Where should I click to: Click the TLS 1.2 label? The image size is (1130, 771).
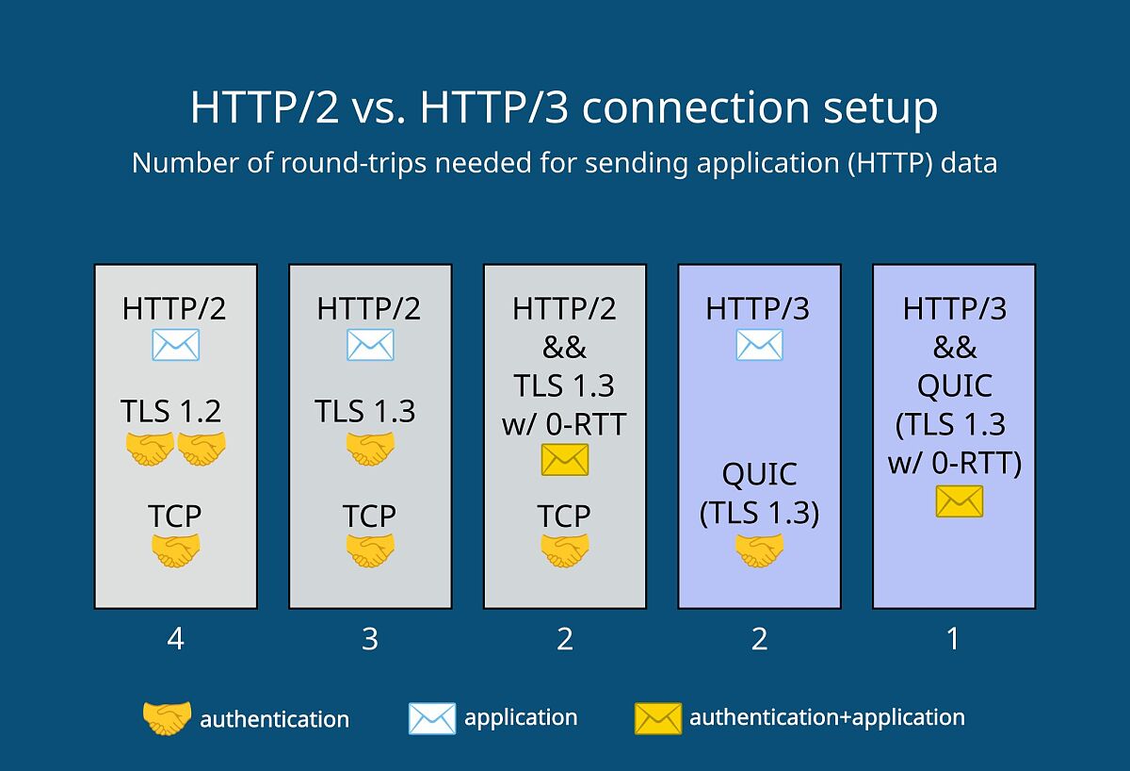[x=170, y=411]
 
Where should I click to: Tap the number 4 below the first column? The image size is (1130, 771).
[x=175, y=639]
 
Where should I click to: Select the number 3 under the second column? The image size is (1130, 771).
[x=370, y=639]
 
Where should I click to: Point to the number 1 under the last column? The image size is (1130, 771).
[x=953, y=639]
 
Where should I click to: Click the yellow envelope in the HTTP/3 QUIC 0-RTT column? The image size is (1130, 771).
[x=960, y=501]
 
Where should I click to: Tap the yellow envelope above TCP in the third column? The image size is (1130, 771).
[x=565, y=460]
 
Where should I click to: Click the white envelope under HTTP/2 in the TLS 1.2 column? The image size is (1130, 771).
[x=175, y=345]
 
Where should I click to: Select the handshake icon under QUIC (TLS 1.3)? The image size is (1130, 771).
[x=759, y=550]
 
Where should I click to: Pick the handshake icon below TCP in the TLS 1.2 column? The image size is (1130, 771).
[x=175, y=550]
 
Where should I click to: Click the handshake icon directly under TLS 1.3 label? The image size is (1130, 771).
[x=370, y=449]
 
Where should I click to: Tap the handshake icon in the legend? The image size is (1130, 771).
[x=167, y=718]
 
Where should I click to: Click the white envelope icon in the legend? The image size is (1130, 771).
[x=432, y=718]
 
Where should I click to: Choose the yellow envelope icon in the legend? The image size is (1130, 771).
[x=658, y=718]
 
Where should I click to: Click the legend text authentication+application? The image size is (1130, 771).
[x=828, y=717]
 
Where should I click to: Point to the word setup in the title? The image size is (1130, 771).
[x=880, y=108]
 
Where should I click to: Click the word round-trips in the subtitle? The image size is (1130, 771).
[x=353, y=163]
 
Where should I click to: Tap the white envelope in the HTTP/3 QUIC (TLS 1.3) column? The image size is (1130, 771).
[x=759, y=345]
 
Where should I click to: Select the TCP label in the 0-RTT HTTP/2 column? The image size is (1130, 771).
[x=564, y=516]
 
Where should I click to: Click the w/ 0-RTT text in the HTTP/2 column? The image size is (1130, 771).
[x=564, y=423]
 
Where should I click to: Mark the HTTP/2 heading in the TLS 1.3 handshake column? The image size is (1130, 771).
[x=369, y=308]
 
